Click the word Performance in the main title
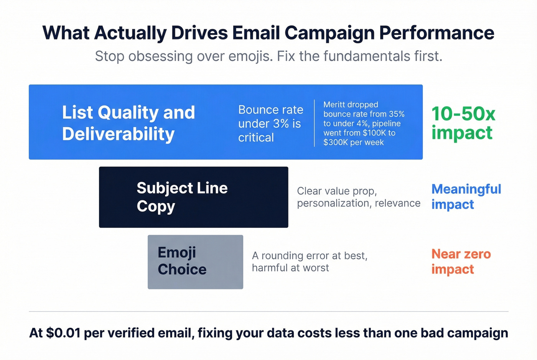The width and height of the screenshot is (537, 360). point(437,33)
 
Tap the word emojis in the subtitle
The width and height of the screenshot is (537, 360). point(250,56)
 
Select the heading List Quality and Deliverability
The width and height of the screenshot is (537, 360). point(128,123)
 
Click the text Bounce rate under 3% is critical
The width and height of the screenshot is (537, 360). point(270,123)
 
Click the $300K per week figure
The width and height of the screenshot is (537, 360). point(353,142)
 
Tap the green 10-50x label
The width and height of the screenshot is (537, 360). point(463,114)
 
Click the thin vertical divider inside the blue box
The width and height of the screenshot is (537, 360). point(314,123)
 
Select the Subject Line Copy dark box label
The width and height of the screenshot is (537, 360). point(182,197)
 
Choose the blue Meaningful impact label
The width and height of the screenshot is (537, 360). point(466,197)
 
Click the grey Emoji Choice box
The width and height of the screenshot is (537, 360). point(195,262)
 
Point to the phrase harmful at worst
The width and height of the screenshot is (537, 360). point(290,268)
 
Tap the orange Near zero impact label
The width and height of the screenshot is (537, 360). point(461,261)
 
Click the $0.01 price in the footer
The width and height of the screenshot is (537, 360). point(63,333)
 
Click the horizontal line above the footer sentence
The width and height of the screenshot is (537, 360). point(268,311)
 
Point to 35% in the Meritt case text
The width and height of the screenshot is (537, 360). point(396,114)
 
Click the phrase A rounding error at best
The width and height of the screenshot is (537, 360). point(310,256)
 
